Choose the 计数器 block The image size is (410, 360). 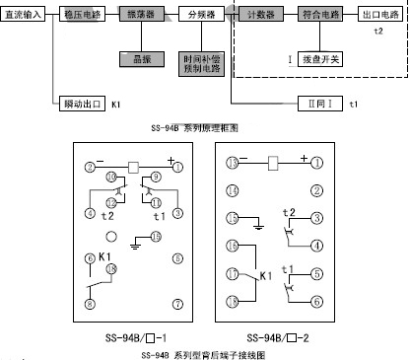[261, 18]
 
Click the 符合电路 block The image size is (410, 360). [322, 18]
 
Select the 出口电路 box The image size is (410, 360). [383, 18]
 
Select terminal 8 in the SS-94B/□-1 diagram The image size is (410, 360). [90, 306]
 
